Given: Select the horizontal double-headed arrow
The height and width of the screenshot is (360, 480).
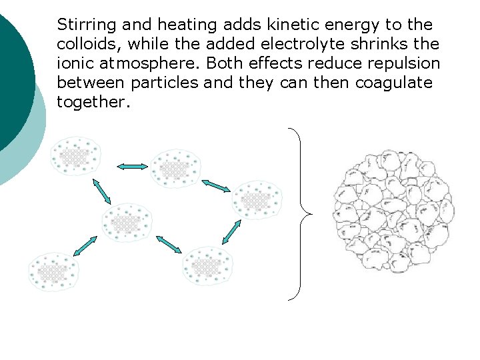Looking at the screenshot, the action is coord(132,167).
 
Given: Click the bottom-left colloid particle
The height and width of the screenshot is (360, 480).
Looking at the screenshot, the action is coord(54,272).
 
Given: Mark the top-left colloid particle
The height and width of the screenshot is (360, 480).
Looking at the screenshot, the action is coord(77,157).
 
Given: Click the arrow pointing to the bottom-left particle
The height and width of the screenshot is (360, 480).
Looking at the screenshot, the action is coord(85,246).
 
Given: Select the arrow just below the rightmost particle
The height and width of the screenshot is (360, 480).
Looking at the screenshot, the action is coord(231,231).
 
